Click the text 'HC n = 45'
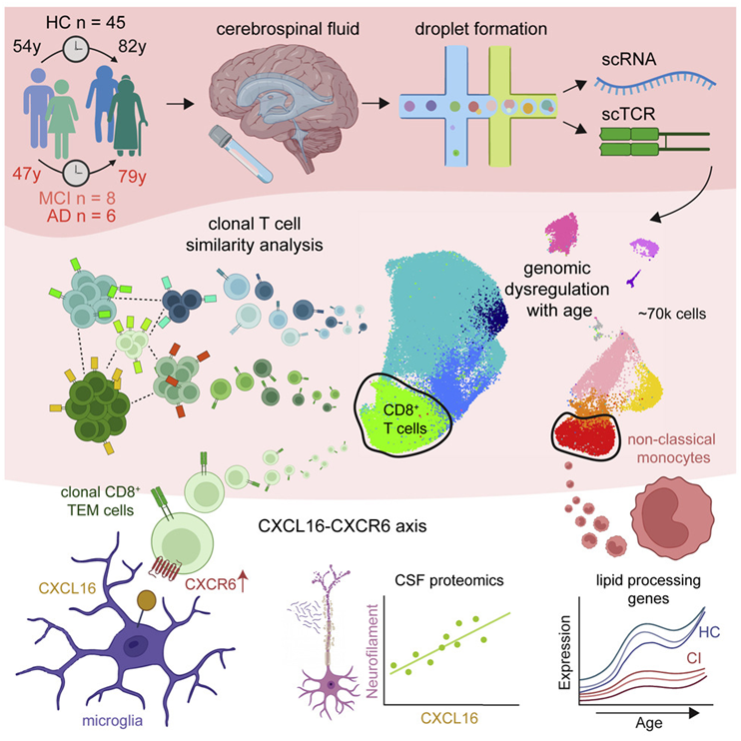coord(86,22)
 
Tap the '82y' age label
coord(132,47)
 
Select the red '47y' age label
coord(26,174)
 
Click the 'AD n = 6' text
coord(81,216)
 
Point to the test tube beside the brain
coord(240,154)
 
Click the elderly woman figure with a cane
coord(128,116)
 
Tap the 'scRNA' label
coord(629,60)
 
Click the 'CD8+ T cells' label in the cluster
coord(404,418)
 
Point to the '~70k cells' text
coord(672,314)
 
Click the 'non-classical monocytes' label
coord(672,448)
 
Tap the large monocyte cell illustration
coord(672,518)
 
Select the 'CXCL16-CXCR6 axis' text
coord(343,526)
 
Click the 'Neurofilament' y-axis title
coord(372,651)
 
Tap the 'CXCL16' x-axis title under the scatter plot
coord(449,718)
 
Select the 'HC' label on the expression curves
coord(709,632)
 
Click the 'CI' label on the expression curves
coord(694,658)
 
